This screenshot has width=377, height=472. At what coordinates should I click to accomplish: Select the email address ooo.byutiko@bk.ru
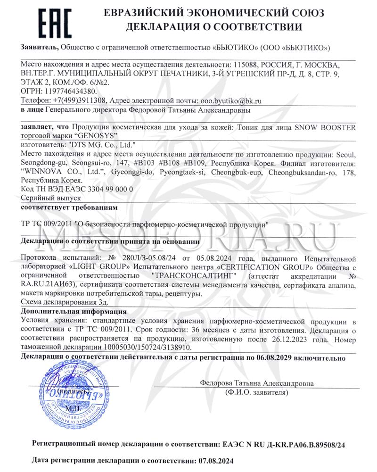tap(225, 100)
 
